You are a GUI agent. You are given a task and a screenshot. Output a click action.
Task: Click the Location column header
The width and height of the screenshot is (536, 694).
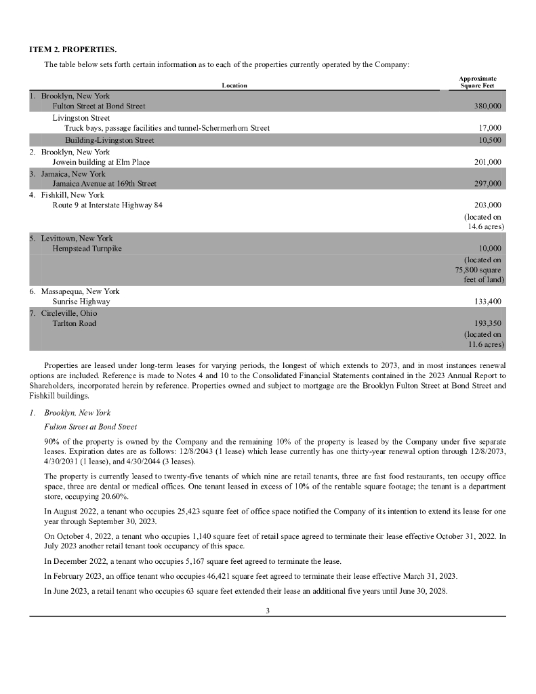[x=234, y=85]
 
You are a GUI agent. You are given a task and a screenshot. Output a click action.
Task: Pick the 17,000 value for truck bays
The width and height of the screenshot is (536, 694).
[x=489, y=128]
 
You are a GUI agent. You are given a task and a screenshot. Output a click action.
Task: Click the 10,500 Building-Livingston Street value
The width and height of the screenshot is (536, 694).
[x=489, y=140]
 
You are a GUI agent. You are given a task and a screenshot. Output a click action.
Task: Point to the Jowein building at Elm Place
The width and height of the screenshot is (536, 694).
[x=101, y=162]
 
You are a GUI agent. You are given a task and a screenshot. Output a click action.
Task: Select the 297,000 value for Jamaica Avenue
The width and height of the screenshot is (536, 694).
[x=486, y=184]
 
